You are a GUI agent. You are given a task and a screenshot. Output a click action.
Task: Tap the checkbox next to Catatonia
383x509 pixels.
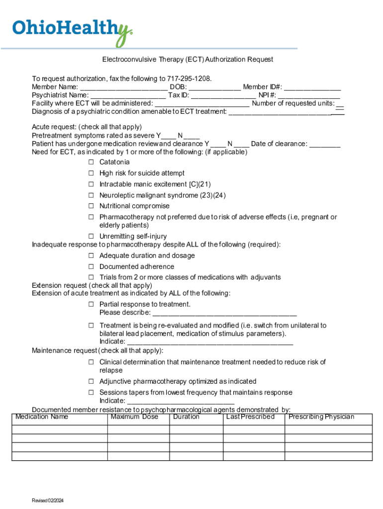coord(92,162)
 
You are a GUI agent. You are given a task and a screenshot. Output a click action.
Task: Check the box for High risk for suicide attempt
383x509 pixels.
coord(92,173)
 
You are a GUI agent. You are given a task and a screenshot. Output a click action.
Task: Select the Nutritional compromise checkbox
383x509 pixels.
coord(92,206)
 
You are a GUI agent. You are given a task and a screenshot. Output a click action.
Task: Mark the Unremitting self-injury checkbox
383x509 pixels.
coord(92,236)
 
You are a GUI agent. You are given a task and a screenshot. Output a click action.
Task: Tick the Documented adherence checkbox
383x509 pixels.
coord(92,266)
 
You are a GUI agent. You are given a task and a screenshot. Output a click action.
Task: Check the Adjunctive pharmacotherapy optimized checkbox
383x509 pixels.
coord(92,381)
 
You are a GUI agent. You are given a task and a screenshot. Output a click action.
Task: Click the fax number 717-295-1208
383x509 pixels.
coord(190,79)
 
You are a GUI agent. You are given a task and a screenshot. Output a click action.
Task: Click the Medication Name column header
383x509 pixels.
coord(42,417)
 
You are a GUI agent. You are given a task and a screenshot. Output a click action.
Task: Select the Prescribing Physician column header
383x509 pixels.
coord(321,417)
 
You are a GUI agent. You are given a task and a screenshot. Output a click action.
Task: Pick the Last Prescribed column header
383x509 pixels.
coord(250,417)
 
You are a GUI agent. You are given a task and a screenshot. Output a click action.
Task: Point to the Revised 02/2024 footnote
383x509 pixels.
coord(48,500)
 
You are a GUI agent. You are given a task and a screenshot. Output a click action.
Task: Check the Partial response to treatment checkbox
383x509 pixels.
coord(92,304)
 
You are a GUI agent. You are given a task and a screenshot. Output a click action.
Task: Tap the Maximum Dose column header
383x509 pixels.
coord(134,417)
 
